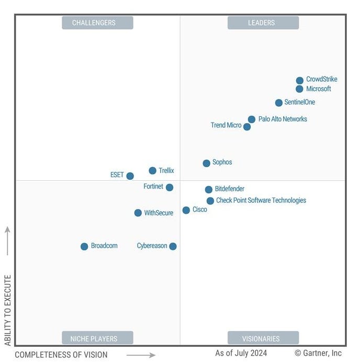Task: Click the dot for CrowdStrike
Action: [299, 81]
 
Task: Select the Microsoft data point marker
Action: [299, 89]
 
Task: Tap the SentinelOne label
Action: [300, 103]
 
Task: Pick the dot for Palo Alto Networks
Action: [252, 119]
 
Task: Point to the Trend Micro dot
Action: [247, 127]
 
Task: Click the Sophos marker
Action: [207, 163]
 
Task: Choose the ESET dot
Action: [130, 176]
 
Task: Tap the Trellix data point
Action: [152, 171]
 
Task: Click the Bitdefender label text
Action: [229, 189]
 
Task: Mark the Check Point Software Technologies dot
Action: [210, 201]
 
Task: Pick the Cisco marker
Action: [186, 210]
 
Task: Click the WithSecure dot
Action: [138, 213]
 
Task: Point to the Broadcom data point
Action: [84, 247]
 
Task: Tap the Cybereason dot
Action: [173, 246]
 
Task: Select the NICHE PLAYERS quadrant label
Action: [97, 338]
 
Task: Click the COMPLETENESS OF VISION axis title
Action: [61, 355]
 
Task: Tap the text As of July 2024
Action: [242, 353]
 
